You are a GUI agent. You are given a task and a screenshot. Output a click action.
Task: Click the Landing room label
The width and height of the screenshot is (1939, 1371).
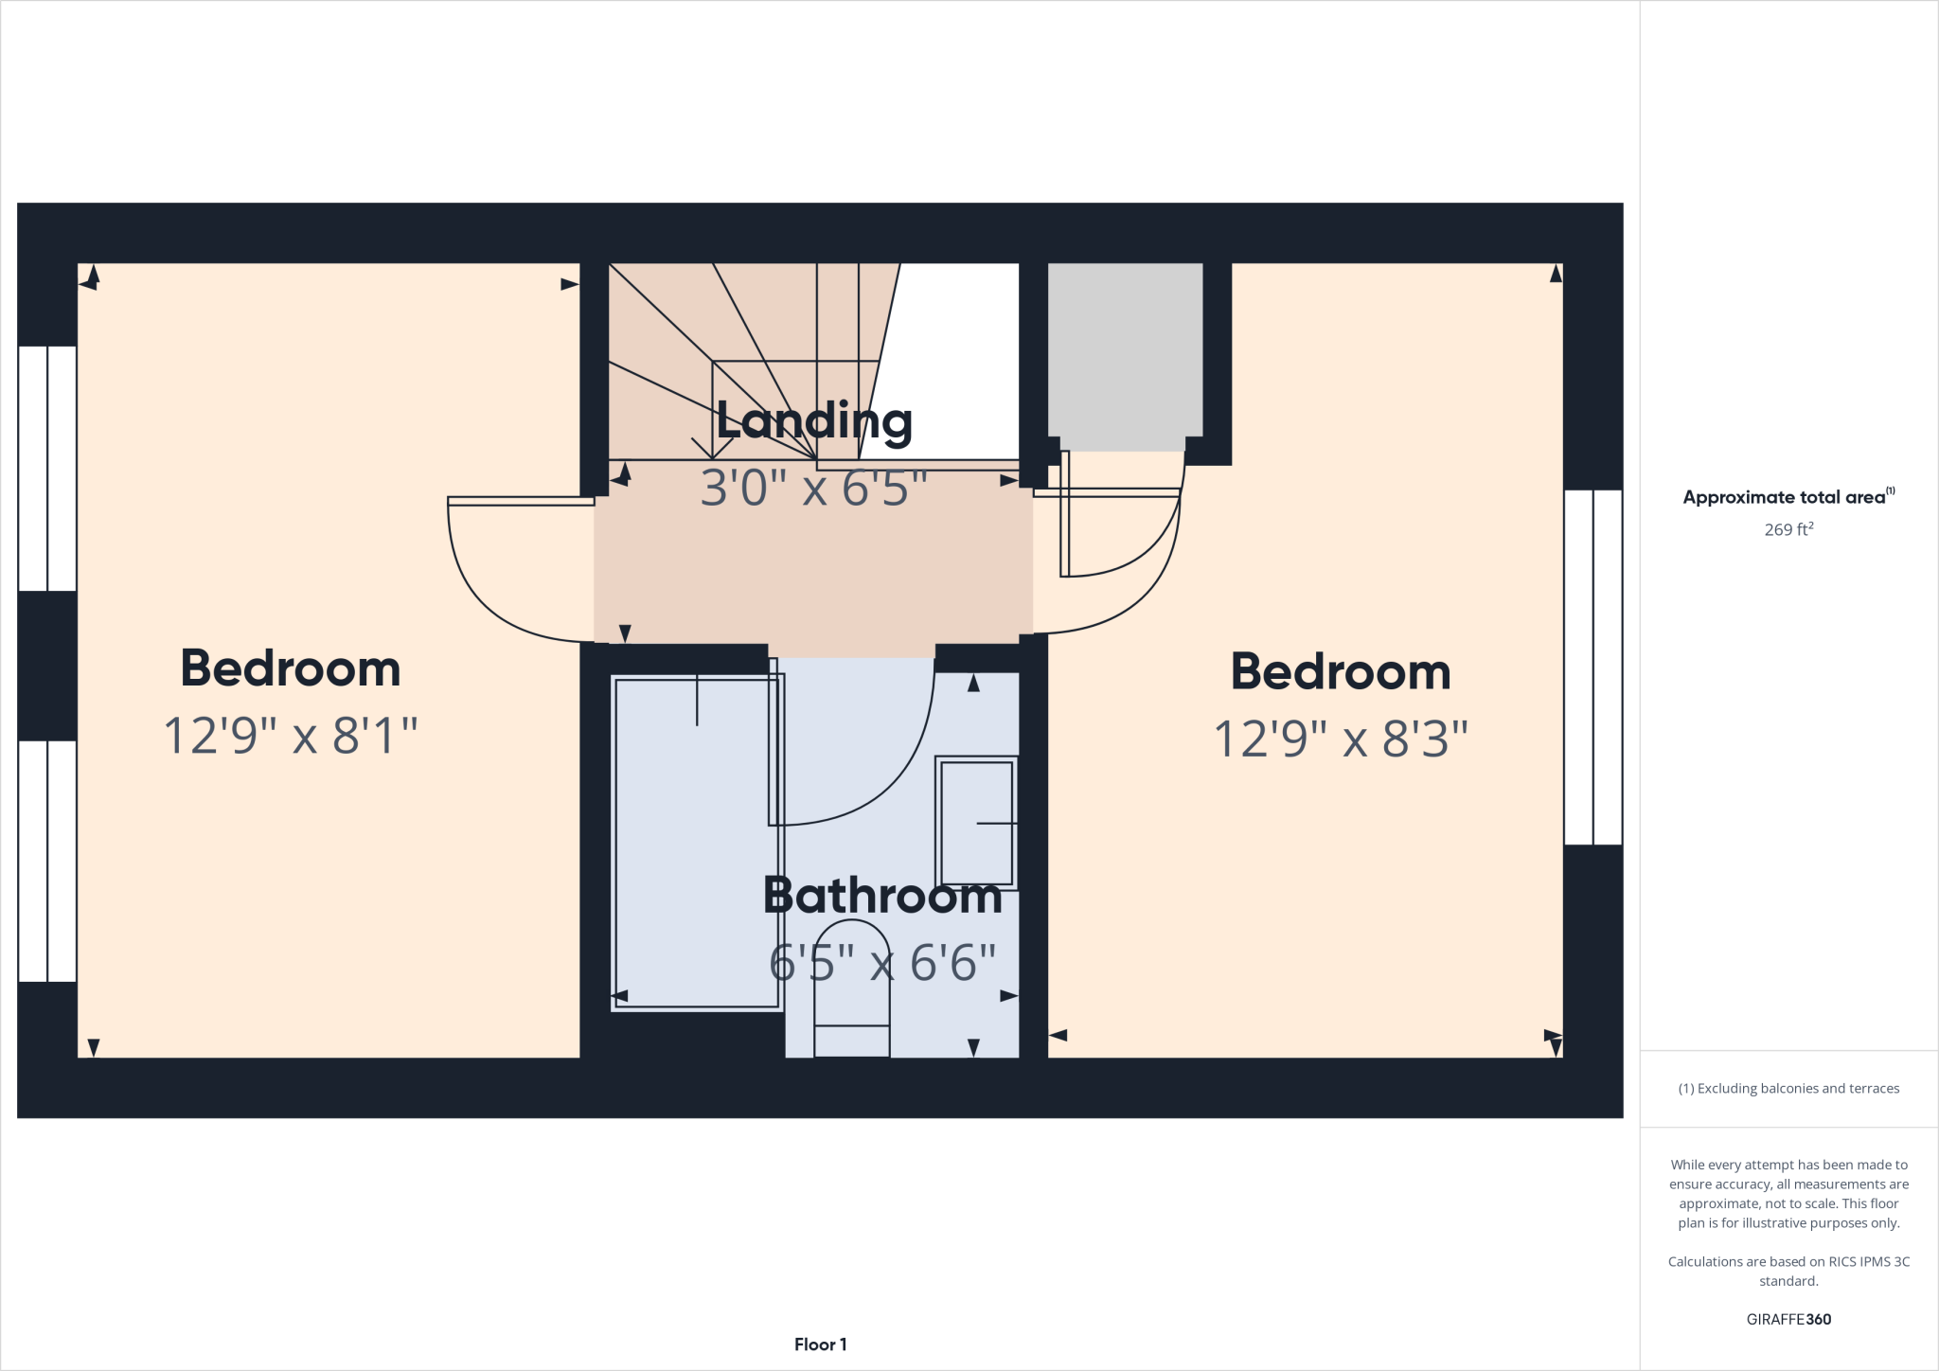click(813, 421)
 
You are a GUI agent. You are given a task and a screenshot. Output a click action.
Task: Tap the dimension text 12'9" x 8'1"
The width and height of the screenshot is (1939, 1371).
click(291, 736)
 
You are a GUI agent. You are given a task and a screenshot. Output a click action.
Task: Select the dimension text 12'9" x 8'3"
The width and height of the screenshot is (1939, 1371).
click(1340, 739)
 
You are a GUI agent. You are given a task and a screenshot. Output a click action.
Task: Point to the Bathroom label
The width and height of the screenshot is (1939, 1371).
click(882, 896)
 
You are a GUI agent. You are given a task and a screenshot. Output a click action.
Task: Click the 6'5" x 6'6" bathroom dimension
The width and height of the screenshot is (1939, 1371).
click(882, 964)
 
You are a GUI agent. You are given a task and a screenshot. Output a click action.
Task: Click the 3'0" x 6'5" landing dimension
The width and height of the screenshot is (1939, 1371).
click(813, 489)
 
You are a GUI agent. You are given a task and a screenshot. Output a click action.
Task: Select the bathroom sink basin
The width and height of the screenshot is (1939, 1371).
click(976, 822)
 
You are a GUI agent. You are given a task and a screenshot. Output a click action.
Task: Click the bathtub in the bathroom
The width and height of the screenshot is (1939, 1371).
click(697, 843)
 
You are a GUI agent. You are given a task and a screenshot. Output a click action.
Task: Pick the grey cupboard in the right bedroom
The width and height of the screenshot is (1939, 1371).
click(1125, 350)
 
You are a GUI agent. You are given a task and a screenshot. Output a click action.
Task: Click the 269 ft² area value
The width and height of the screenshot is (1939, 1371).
click(1788, 530)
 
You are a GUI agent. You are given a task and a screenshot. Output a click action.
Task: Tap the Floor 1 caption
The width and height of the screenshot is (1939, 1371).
click(820, 1344)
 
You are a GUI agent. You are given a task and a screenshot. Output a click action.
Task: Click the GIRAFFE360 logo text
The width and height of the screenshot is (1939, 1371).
click(1788, 1319)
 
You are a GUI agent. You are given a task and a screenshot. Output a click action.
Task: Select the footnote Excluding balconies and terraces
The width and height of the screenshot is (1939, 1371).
click(1788, 1089)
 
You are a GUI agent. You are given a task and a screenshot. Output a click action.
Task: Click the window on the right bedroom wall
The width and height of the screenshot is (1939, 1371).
click(1593, 667)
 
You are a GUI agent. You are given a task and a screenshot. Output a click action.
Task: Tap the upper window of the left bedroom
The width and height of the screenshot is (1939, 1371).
click(47, 469)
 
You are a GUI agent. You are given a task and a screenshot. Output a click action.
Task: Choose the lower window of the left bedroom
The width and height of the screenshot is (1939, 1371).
click(47, 861)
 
